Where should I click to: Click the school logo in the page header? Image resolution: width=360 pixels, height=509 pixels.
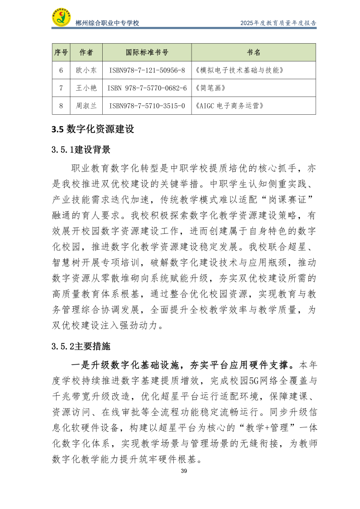[x=61, y=18]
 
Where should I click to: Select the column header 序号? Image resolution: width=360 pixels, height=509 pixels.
[x=61, y=52]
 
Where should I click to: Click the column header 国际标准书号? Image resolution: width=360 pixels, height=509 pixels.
[x=147, y=52]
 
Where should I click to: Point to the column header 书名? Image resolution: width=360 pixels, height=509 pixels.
[x=253, y=52]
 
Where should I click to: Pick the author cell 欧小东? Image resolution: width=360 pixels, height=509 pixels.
[x=86, y=70]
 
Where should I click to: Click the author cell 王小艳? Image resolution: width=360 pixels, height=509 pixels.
[x=86, y=88]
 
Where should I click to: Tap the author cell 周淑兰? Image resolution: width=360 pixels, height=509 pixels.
[x=86, y=106]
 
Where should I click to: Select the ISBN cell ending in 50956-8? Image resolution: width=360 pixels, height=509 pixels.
[x=147, y=70]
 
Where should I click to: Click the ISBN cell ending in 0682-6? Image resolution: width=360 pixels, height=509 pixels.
[x=147, y=88]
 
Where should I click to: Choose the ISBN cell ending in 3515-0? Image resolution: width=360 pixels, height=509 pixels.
[x=147, y=106]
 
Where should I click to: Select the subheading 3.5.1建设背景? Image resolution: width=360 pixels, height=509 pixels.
[x=81, y=150]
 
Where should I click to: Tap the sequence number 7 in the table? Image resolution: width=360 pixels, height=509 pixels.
[x=61, y=88]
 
